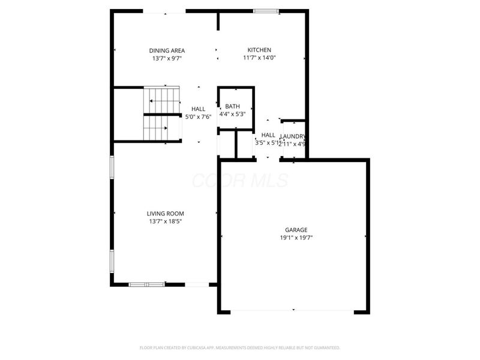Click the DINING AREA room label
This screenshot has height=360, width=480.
(x=167, y=50)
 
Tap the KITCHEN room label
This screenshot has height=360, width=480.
(x=259, y=50)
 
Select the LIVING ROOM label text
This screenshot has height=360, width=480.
(x=165, y=214)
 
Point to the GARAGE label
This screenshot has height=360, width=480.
(x=296, y=230)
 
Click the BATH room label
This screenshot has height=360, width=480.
(x=232, y=106)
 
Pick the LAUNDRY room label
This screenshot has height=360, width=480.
(x=293, y=136)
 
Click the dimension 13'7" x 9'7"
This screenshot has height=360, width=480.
(x=167, y=59)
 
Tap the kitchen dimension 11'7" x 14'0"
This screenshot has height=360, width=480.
(x=259, y=58)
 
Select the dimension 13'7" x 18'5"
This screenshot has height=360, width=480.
(x=165, y=222)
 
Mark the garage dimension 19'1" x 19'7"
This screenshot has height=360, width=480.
(x=296, y=238)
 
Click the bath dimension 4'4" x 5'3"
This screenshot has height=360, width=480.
(x=232, y=114)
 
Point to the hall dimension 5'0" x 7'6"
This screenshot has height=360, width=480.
(x=198, y=117)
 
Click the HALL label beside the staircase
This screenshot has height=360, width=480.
(x=198, y=109)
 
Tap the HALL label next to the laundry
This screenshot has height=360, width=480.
(x=268, y=135)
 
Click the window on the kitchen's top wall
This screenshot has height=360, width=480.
(x=265, y=11)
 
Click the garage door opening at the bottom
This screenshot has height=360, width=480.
(x=293, y=311)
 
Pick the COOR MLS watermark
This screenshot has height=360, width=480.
(x=240, y=181)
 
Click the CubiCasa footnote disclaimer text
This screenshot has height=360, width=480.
(x=240, y=347)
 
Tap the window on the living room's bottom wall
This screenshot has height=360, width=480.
(x=146, y=284)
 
